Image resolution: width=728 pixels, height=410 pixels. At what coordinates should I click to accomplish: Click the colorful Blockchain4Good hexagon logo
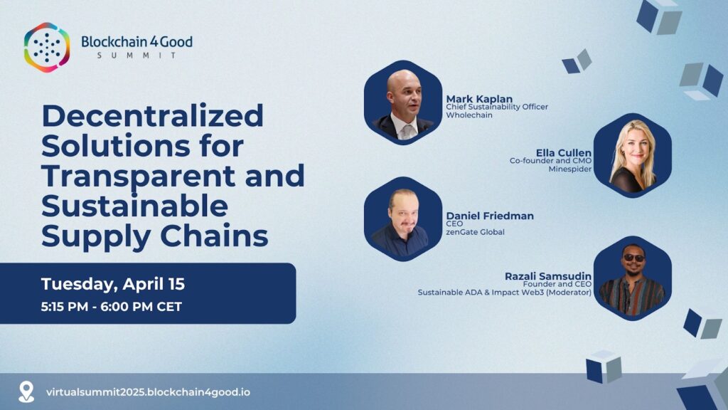click(47, 48)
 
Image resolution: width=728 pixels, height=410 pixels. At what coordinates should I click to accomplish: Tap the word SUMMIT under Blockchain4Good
click(137, 56)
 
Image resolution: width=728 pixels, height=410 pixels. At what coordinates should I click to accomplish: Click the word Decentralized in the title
click(153, 115)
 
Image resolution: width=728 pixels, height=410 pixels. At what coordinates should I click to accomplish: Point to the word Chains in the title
click(214, 236)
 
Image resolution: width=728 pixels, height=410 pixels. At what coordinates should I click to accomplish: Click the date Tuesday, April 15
click(113, 283)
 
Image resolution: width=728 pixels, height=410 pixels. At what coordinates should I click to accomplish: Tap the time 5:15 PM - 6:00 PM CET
click(112, 307)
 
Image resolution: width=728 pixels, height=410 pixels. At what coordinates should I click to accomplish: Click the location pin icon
click(26, 391)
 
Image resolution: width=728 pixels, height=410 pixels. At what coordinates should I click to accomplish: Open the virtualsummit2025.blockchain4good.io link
click(148, 392)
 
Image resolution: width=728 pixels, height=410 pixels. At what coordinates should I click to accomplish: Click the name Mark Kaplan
click(479, 99)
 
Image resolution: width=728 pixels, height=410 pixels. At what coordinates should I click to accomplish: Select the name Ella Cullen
click(564, 153)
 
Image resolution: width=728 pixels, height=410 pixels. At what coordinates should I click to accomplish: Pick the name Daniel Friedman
click(490, 216)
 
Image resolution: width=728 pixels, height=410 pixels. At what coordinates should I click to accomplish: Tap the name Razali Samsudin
click(548, 276)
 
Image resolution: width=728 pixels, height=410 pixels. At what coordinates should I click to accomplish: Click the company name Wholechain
click(469, 115)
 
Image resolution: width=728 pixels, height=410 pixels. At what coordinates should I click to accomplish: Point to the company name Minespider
click(569, 169)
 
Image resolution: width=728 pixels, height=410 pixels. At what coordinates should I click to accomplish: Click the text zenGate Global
click(475, 232)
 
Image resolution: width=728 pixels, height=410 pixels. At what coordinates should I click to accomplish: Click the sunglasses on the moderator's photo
click(633, 258)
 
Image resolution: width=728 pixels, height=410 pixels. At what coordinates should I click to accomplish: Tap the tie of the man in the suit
click(407, 132)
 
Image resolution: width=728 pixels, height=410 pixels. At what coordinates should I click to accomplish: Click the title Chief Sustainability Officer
click(497, 107)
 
